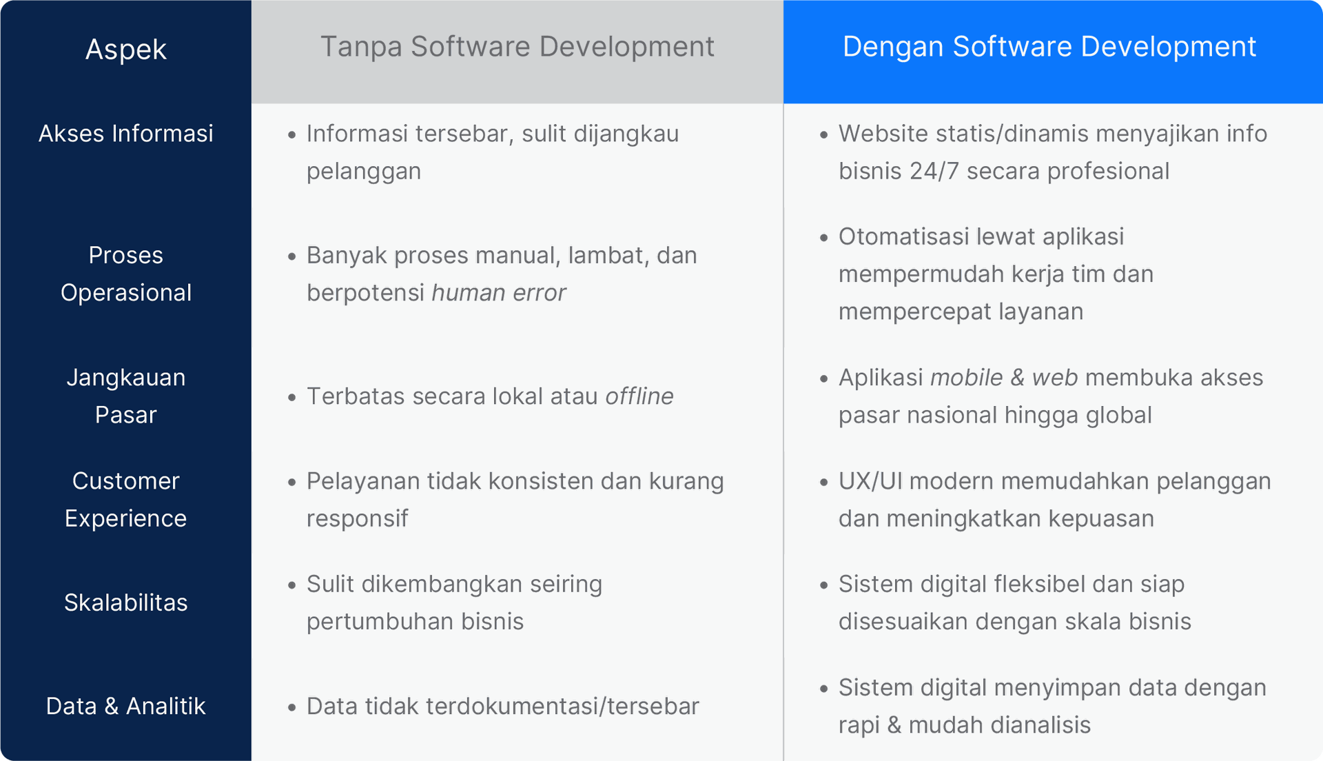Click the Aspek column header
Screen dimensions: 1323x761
tap(126, 50)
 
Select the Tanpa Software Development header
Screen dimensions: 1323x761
tap(517, 47)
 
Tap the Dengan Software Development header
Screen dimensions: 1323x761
tap(1049, 47)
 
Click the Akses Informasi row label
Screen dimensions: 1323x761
tap(126, 134)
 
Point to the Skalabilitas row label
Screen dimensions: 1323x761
tap(126, 602)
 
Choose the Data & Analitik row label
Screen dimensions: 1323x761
tap(126, 706)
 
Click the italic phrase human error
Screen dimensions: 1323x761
tap(499, 293)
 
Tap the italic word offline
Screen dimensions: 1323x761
tap(639, 396)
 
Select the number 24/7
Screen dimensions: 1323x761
tap(934, 171)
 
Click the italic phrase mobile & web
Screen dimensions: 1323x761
tap(1004, 378)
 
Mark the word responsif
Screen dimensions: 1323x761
tap(358, 519)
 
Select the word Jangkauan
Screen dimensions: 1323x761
tap(126, 378)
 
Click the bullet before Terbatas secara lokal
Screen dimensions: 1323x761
tap(292, 398)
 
